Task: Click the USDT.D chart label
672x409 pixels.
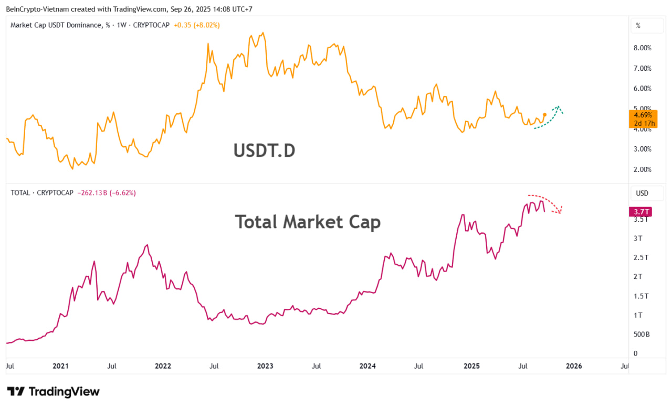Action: (x=264, y=151)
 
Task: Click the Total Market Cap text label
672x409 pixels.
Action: (x=308, y=222)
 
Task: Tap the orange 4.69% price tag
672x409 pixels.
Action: (x=643, y=115)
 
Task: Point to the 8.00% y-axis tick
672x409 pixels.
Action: (x=643, y=48)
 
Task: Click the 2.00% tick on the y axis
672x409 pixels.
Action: (x=643, y=169)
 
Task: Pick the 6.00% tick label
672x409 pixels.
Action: (x=643, y=88)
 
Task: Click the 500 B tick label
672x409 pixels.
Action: (x=642, y=334)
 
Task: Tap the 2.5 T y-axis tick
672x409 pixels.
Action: (x=640, y=257)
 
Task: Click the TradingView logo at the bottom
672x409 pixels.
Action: (x=53, y=391)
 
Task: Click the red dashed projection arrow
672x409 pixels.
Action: (x=549, y=202)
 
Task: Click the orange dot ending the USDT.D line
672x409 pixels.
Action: (x=544, y=114)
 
